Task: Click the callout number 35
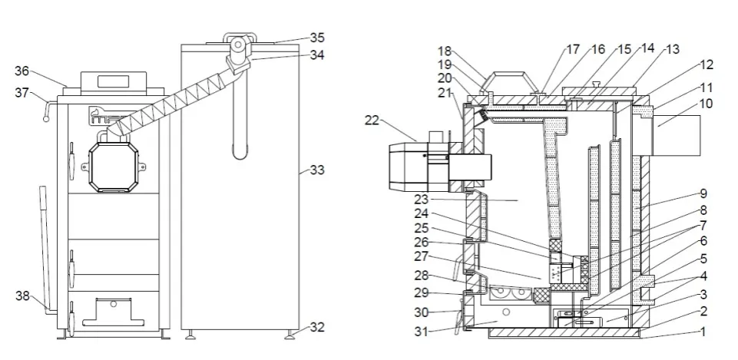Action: [316, 37]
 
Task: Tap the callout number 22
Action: [372, 120]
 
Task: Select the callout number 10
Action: [706, 102]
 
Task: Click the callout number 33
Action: [316, 170]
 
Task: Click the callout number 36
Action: [22, 71]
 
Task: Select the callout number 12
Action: [707, 64]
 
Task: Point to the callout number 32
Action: [316, 327]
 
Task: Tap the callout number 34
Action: [316, 54]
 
